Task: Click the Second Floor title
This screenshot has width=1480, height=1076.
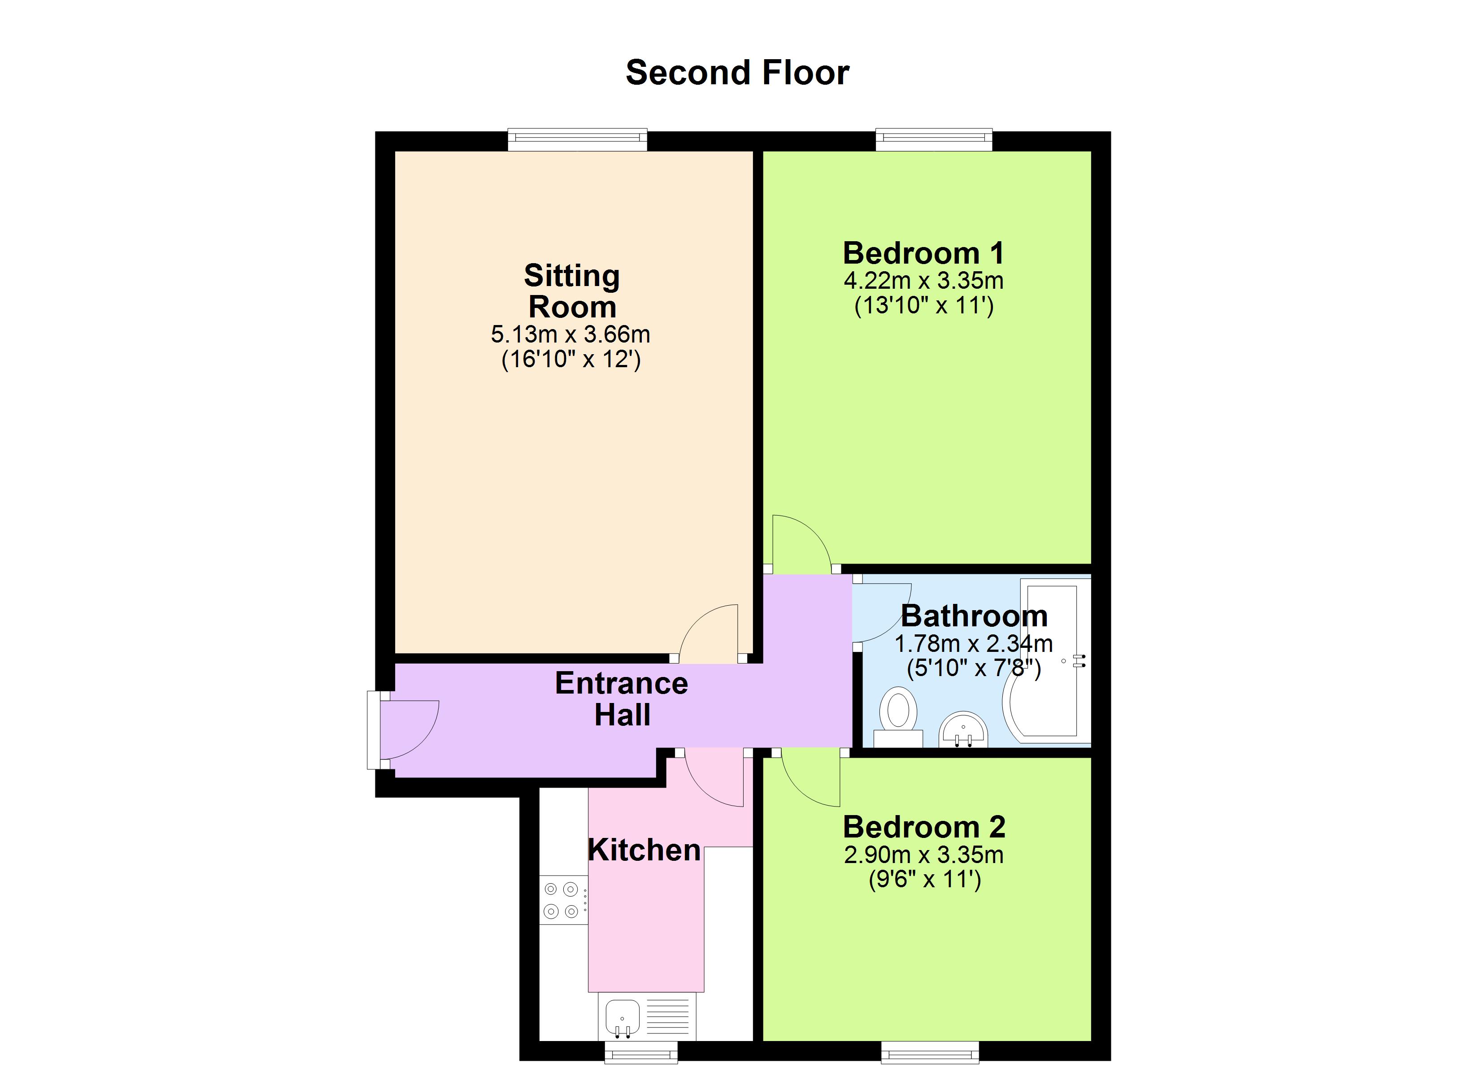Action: click(x=737, y=73)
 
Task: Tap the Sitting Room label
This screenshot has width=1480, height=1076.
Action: click(x=572, y=291)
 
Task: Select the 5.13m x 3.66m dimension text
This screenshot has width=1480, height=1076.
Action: click(x=570, y=335)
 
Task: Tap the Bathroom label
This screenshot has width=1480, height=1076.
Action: click(x=974, y=616)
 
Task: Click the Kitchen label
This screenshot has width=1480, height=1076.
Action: click(x=644, y=850)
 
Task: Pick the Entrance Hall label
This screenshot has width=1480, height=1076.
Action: click(x=621, y=699)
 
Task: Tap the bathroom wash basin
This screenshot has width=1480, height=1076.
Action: click(x=963, y=729)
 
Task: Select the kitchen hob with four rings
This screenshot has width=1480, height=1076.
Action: click(x=562, y=900)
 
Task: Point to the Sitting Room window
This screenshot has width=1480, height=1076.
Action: click(x=578, y=139)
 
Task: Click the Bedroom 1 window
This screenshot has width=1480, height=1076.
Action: click(x=934, y=139)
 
